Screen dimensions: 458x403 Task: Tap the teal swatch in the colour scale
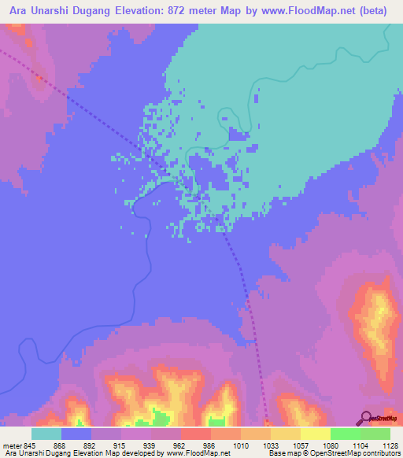[46, 433]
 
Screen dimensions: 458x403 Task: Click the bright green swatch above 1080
[345, 433]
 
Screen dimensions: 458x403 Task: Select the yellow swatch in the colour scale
[315, 433]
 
